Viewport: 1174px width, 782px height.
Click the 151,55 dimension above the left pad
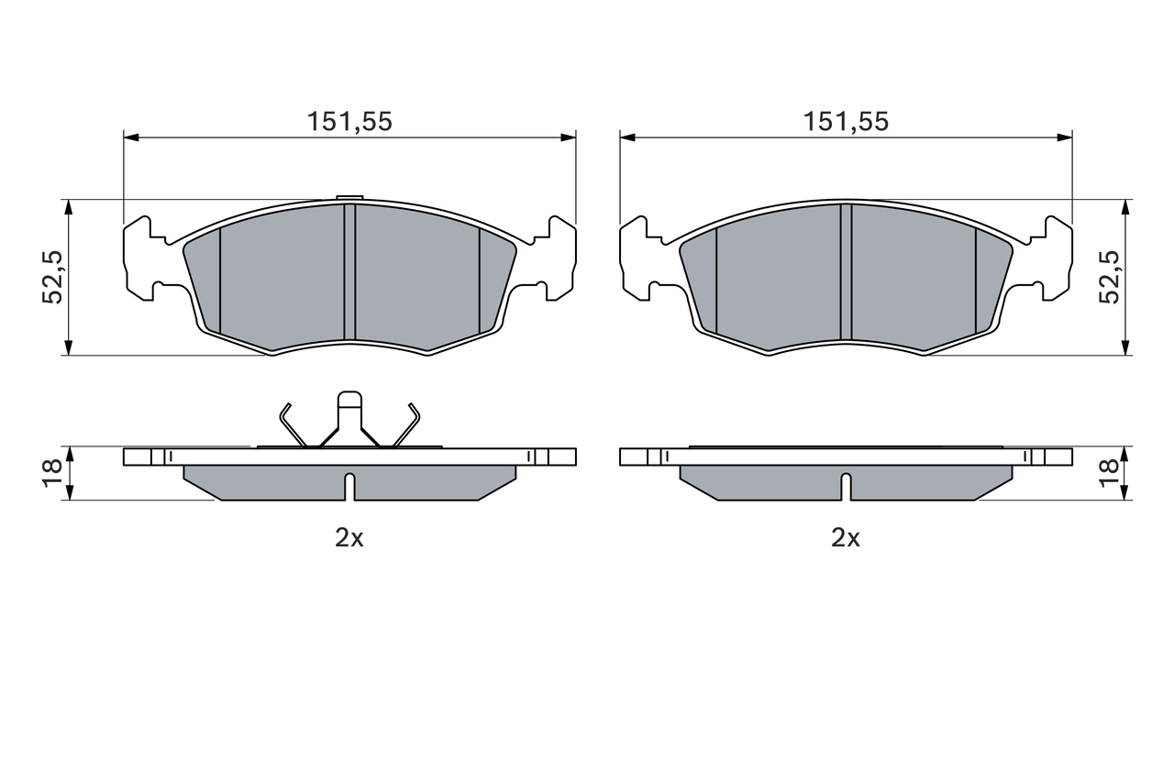[349, 121]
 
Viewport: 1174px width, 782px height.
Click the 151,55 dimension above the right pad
[846, 121]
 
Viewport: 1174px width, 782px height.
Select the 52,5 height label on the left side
[53, 277]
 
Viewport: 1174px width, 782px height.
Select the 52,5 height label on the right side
[1111, 277]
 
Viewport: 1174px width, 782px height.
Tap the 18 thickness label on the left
[53, 473]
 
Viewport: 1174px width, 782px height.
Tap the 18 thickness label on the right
[1110, 473]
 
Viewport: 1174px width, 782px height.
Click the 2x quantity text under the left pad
[349, 538]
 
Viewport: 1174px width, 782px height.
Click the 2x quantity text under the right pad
[846, 538]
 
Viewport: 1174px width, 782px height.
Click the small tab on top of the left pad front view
[349, 197]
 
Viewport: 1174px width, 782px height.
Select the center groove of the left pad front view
[349, 271]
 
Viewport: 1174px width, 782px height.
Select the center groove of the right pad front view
[846, 271]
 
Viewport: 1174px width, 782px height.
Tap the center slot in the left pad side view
[349, 486]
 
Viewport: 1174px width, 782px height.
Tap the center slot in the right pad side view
[846, 486]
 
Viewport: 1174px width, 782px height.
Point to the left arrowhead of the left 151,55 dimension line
[130, 138]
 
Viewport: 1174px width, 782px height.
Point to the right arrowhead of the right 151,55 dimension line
[1065, 138]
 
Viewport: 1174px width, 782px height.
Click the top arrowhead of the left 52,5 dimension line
[68, 206]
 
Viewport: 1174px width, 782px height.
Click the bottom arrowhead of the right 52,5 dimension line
[1124, 347]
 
